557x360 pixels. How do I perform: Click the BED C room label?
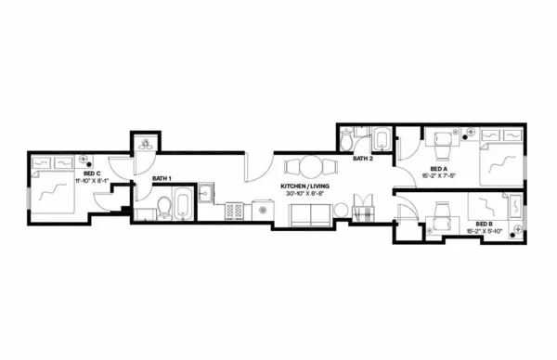pos(91,174)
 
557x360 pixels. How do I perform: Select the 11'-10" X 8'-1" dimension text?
pos(91,180)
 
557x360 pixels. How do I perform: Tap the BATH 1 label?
pos(162,178)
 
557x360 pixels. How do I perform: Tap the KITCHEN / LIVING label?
pos(305,186)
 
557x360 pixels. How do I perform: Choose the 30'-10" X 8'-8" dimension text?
pos(305,194)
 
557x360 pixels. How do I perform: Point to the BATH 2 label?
pos(363,159)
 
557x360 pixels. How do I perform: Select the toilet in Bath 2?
pos(346,142)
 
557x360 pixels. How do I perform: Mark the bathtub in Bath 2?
pos(382,141)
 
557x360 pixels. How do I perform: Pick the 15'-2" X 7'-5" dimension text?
pos(437,175)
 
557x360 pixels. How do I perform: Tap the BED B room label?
pos(484,224)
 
